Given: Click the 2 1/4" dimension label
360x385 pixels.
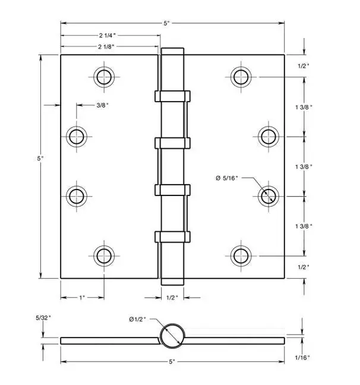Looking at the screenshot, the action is pyautogui.click(x=107, y=36).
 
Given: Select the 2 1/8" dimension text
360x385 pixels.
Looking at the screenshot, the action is pyautogui.click(x=106, y=47).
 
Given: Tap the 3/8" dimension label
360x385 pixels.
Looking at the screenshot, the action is pyautogui.click(x=102, y=105).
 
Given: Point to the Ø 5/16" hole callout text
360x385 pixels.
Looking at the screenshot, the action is pyautogui.click(x=227, y=178).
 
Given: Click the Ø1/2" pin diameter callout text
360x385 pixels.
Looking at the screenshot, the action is pyautogui.click(x=137, y=319).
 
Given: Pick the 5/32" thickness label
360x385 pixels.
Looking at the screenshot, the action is pyautogui.click(x=43, y=318).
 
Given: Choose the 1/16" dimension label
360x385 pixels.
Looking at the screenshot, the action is pyautogui.click(x=302, y=358).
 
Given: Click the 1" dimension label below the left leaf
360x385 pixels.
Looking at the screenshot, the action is pyautogui.click(x=82, y=298).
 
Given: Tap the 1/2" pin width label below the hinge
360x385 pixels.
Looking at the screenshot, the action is pyautogui.click(x=172, y=298).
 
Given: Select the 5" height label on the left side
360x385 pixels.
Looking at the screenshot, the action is pyautogui.click(x=40, y=159).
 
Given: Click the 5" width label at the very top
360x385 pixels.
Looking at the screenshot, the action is pyautogui.click(x=167, y=23).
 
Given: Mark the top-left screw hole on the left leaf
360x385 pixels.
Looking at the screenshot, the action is pyautogui.click(x=104, y=77).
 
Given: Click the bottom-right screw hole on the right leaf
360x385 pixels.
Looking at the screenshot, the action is pyautogui.click(x=241, y=256).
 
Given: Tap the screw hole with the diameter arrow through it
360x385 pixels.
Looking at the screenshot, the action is pyautogui.click(x=269, y=197).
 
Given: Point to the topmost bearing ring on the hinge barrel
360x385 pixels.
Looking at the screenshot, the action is pyautogui.click(x=172, y=96).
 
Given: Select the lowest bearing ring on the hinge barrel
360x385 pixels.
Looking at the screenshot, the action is pyautogui.click(x=172, y=236).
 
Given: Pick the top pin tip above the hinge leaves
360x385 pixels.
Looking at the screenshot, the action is pyautogui.click(x=172, y=51).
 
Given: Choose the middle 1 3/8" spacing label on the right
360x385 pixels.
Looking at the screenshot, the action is pyautogui.click(x=304, y=167).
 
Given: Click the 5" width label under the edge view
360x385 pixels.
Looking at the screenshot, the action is pyautogui.click(x=172, y=361).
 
